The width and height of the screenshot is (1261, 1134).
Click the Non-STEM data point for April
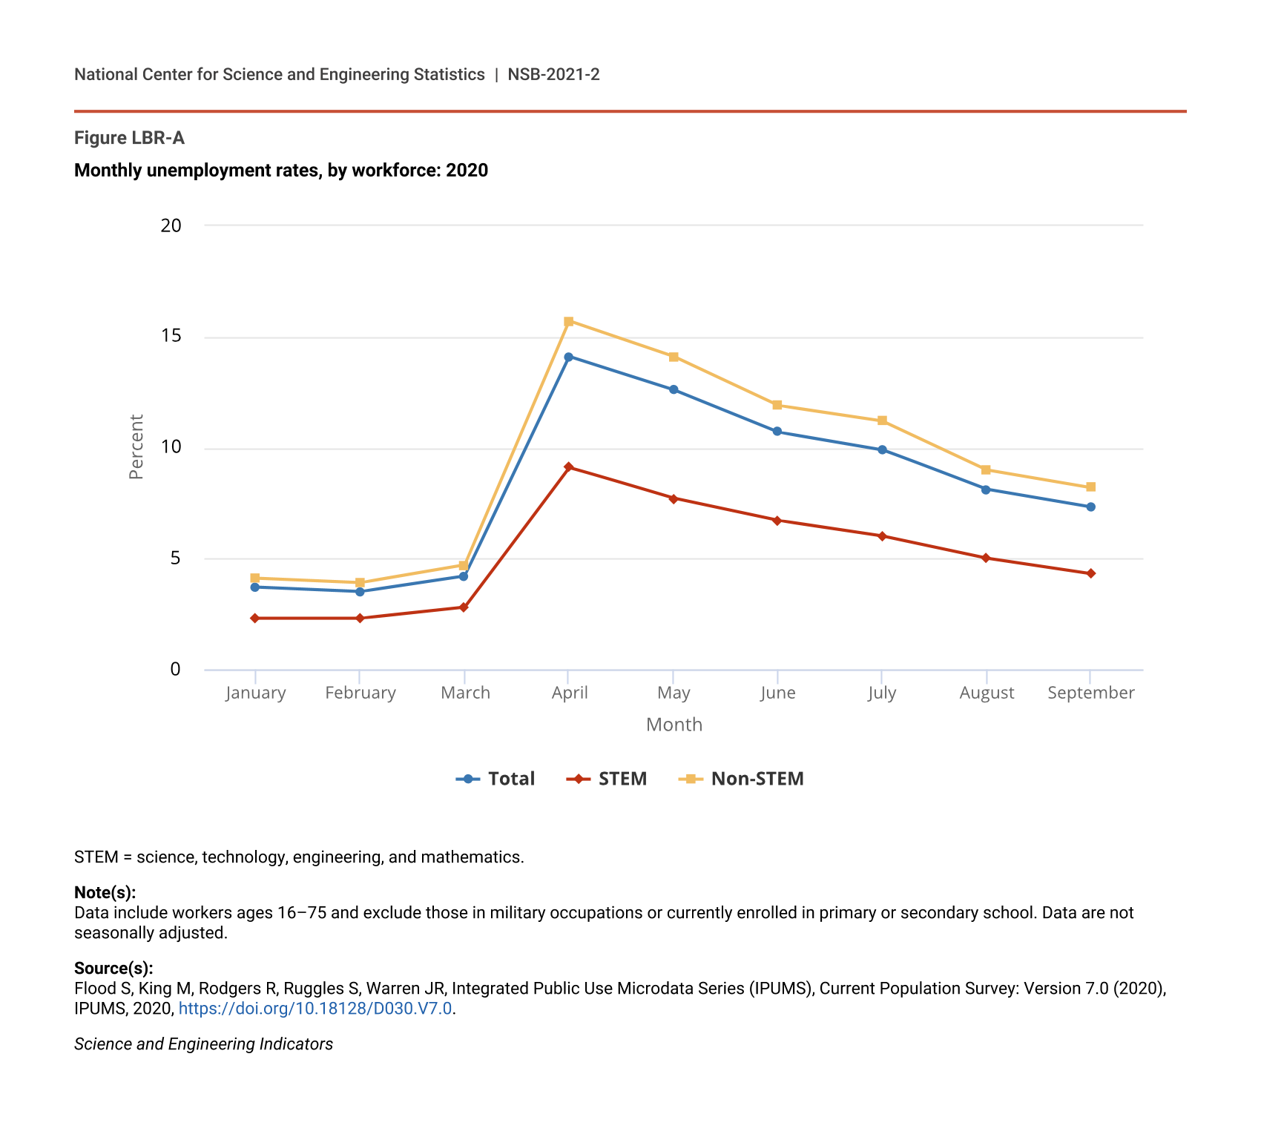point(569,322)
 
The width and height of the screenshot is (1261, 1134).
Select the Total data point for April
point(569,357)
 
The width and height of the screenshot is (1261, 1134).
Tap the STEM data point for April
point(569,467)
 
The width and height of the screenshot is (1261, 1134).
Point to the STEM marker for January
point(255,619)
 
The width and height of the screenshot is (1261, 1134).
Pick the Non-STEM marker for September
point(1090,487)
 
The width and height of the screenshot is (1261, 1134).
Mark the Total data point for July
point(882,450)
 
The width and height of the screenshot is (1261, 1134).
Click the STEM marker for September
point(1090,573)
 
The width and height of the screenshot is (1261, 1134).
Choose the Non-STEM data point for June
point(777,405)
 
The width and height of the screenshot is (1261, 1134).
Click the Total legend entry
point(495,779)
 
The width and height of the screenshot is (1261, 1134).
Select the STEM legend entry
point(607,779)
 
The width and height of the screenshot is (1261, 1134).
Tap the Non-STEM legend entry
point(741,779)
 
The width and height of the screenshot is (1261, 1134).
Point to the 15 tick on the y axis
point(171,337)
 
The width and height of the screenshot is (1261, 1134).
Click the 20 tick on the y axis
point(171,225)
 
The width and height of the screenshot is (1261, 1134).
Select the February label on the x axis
point(360,693)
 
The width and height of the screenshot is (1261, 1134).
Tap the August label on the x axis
point(986,693)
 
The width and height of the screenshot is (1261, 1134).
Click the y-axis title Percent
point(136,446)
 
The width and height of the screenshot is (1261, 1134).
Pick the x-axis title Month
point(674,725)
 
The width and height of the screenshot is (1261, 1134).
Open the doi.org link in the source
point(315,1009)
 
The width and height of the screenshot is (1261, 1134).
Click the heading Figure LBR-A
point(129,138)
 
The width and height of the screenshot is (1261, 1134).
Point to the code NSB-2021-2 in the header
point(553,75)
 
